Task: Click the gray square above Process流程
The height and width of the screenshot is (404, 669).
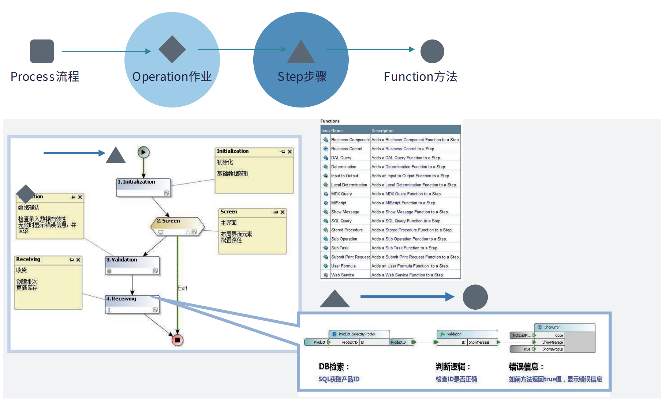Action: click(42, 51)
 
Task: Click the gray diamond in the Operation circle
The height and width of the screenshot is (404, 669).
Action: click(172, 49)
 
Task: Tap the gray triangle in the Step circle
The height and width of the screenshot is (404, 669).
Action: click(301, 52)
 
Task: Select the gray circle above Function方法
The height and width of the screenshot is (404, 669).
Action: click(432, 51)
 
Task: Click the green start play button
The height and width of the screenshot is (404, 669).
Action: click(143, 152)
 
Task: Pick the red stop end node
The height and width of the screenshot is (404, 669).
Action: click(177, 340)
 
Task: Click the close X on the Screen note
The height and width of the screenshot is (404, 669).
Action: click(283, 212)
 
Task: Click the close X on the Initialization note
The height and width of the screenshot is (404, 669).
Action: click(290, 152)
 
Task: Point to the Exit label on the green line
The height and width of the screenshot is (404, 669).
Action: click(182, 288)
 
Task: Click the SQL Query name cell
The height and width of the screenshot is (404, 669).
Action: click(341, 221)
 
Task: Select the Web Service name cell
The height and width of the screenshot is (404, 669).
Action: click(343, 275)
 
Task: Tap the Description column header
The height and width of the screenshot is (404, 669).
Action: click(382, 131)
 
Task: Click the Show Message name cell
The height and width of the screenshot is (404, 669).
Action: click(345, 212)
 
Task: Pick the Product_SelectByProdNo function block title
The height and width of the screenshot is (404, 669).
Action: click(356, 334)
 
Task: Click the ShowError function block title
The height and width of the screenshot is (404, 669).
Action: click(552, 327)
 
